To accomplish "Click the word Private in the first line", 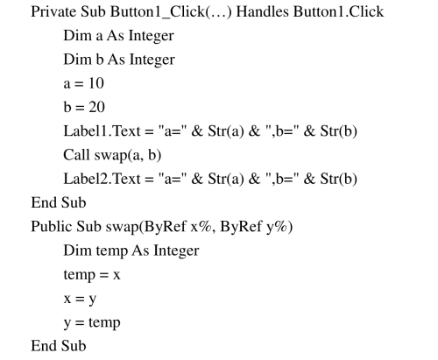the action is pyautogui.click(x=53, y=12).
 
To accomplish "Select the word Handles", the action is pyautogui.click(x=262, y=12).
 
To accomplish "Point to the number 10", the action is pyautogui.click(x=96, y=83).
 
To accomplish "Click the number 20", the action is pyautogui.click(x=96, y=107).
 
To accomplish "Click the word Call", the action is pyautogui.click(x=76, y=155).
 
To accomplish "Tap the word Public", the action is pyautogui.click(x=52, y=226).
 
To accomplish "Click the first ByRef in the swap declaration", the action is pyautogui.click(x=165, y=227).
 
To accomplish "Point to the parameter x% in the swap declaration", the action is pyautogui.click(x=201, y=227).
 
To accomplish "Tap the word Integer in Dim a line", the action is pyautogui.click(x=152, y=36).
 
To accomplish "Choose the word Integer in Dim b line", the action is pyautogui.click(x=152, y=60).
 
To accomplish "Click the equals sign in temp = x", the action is pyautogui.click(x=103, y=275).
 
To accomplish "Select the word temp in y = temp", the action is pyautogui.click(x=104, y=323).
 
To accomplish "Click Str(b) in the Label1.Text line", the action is pyautogui.click(x=338, y=131).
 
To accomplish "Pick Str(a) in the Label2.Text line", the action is pyautogui.click(x=226, y=179).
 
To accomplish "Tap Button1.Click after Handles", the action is pyautogui.click(x=338, y=12).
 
